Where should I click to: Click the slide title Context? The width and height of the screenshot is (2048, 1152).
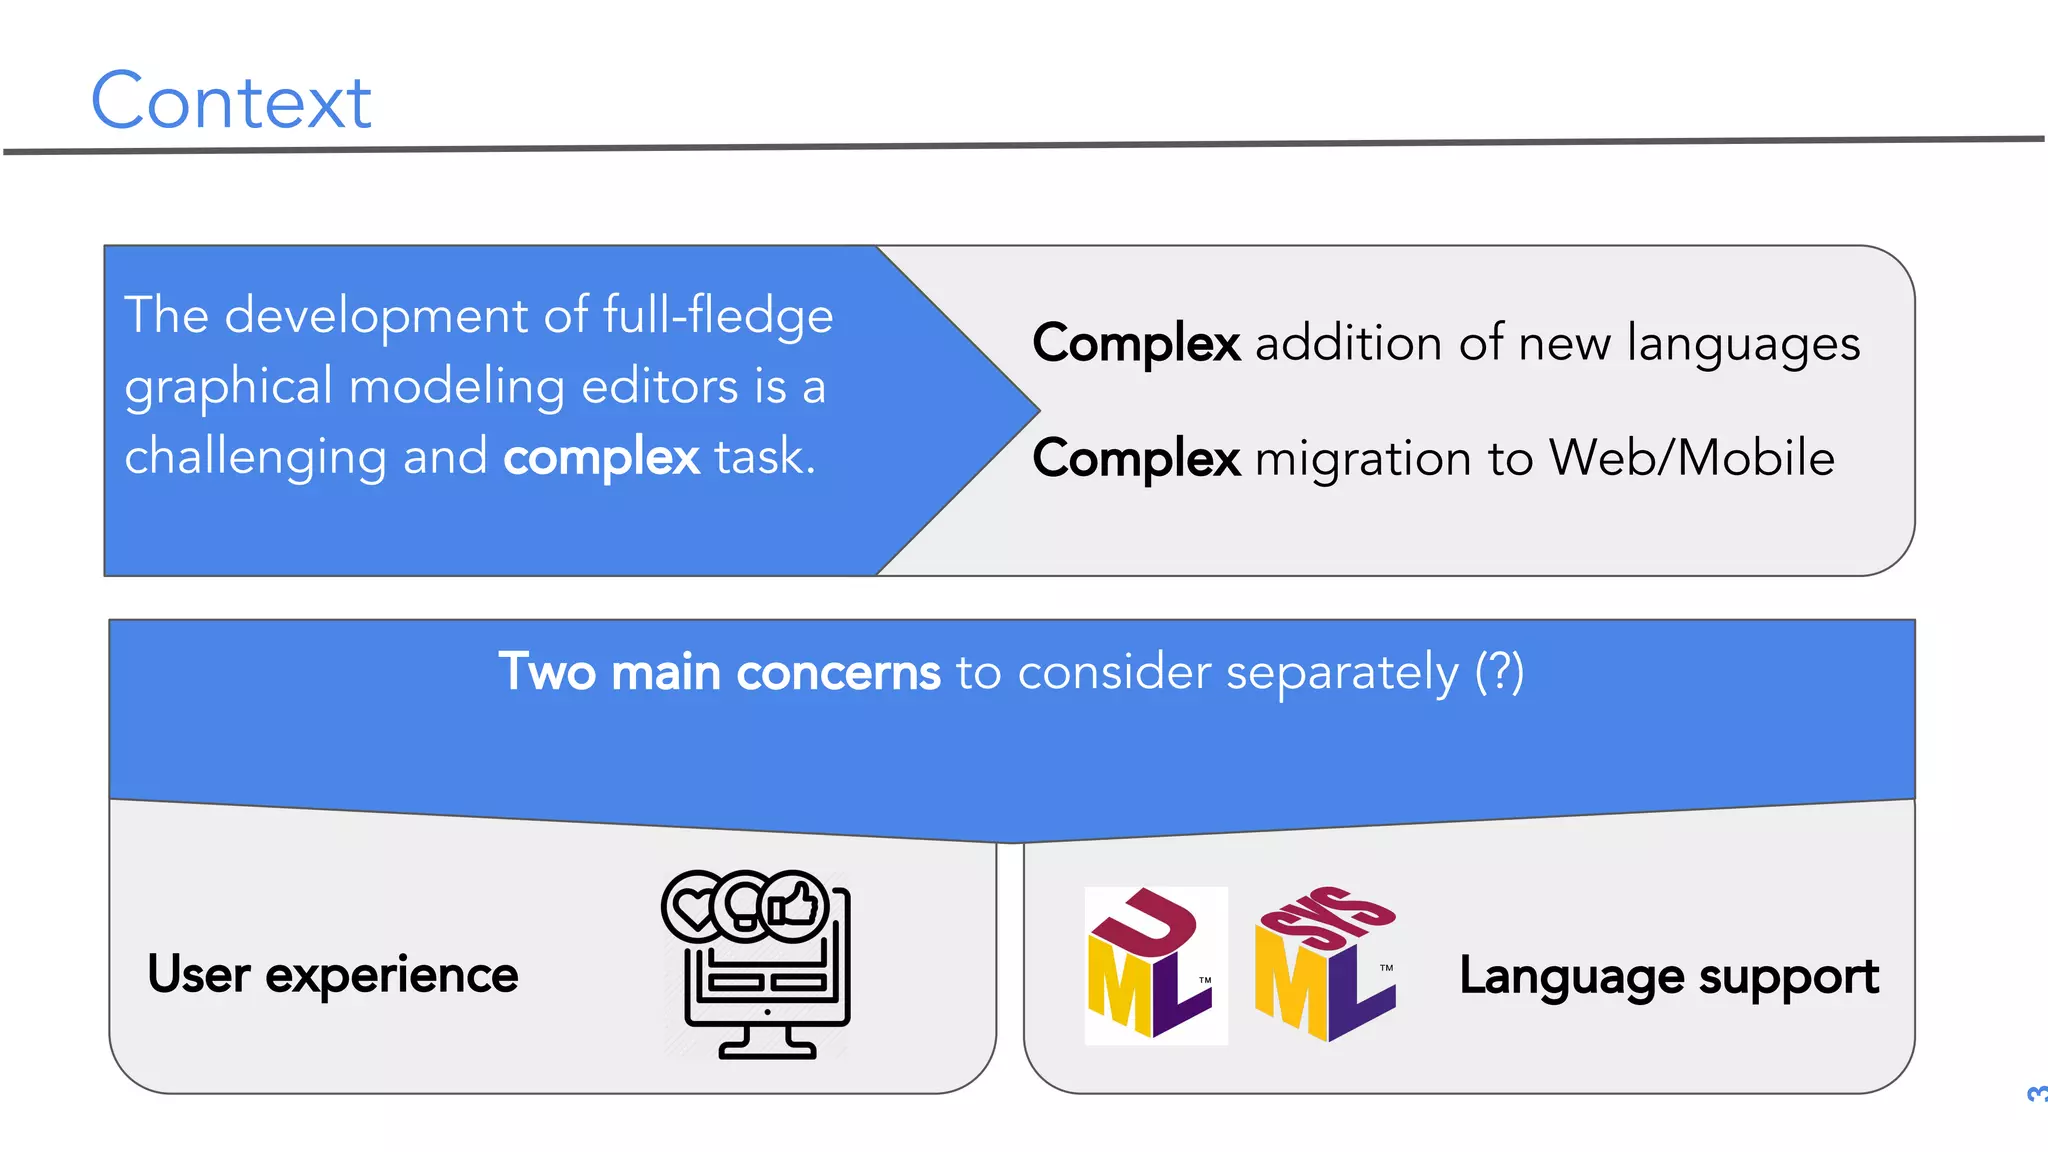coord(231,101)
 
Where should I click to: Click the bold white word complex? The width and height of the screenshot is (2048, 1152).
coord(601,458)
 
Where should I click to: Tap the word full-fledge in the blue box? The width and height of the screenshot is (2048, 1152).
coord(717,316)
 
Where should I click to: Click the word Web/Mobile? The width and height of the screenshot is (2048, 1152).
coord(1691,458)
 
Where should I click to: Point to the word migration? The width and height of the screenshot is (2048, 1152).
coord(1363,459)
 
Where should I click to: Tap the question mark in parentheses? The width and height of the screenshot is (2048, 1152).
coord(1499,671)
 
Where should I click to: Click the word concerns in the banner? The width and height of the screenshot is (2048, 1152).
coord(838,672)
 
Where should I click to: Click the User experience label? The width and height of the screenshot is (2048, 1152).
coord(333,975)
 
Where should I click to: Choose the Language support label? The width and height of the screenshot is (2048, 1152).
coord(1669,976)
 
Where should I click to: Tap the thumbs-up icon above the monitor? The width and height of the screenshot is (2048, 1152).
coord(795,906)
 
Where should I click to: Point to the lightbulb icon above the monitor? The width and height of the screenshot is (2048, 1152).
coord(744,904)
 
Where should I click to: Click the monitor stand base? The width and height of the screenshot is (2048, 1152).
coord(767,1049)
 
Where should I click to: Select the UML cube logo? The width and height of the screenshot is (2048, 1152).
coord(1155,965)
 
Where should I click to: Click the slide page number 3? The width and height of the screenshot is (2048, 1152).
coord(2035,1093)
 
